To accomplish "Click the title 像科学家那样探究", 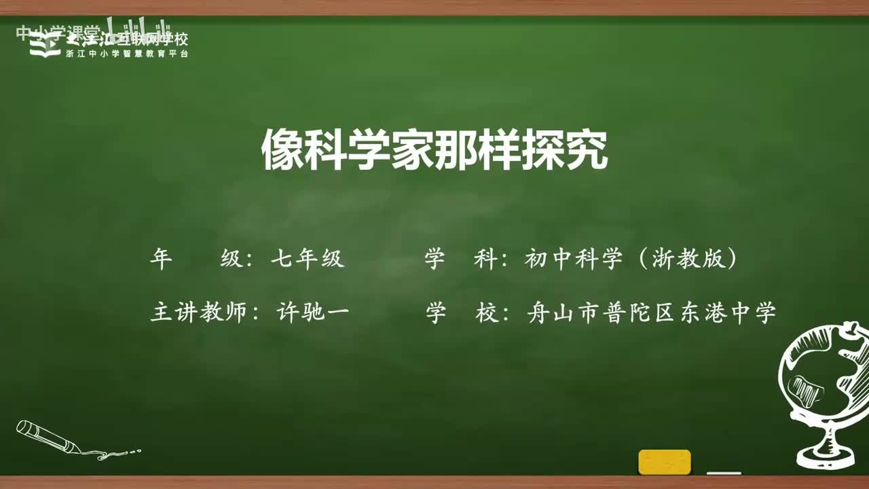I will click(x=434, y=150).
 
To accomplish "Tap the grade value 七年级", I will click(x=308, y=259).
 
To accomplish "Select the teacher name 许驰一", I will click(x=313, y=312).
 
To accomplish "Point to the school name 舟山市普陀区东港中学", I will click(x=651, y=312).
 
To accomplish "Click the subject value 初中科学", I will click(x=573, y=259).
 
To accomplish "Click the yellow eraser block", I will click(x=665, y=462).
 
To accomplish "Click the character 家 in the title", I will click(x=413, y=150).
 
